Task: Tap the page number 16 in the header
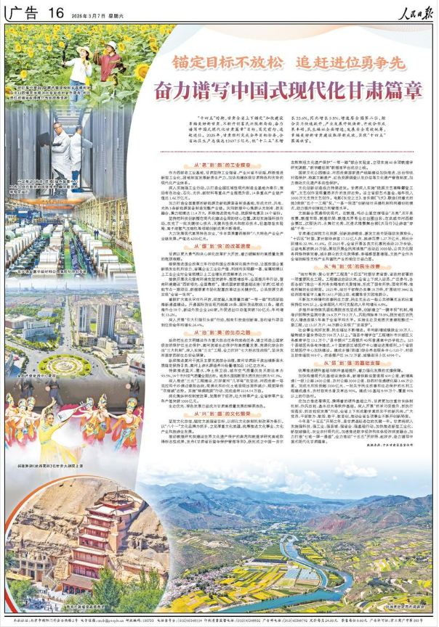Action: point(57,11)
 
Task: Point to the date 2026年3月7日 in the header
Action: point(95,12)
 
